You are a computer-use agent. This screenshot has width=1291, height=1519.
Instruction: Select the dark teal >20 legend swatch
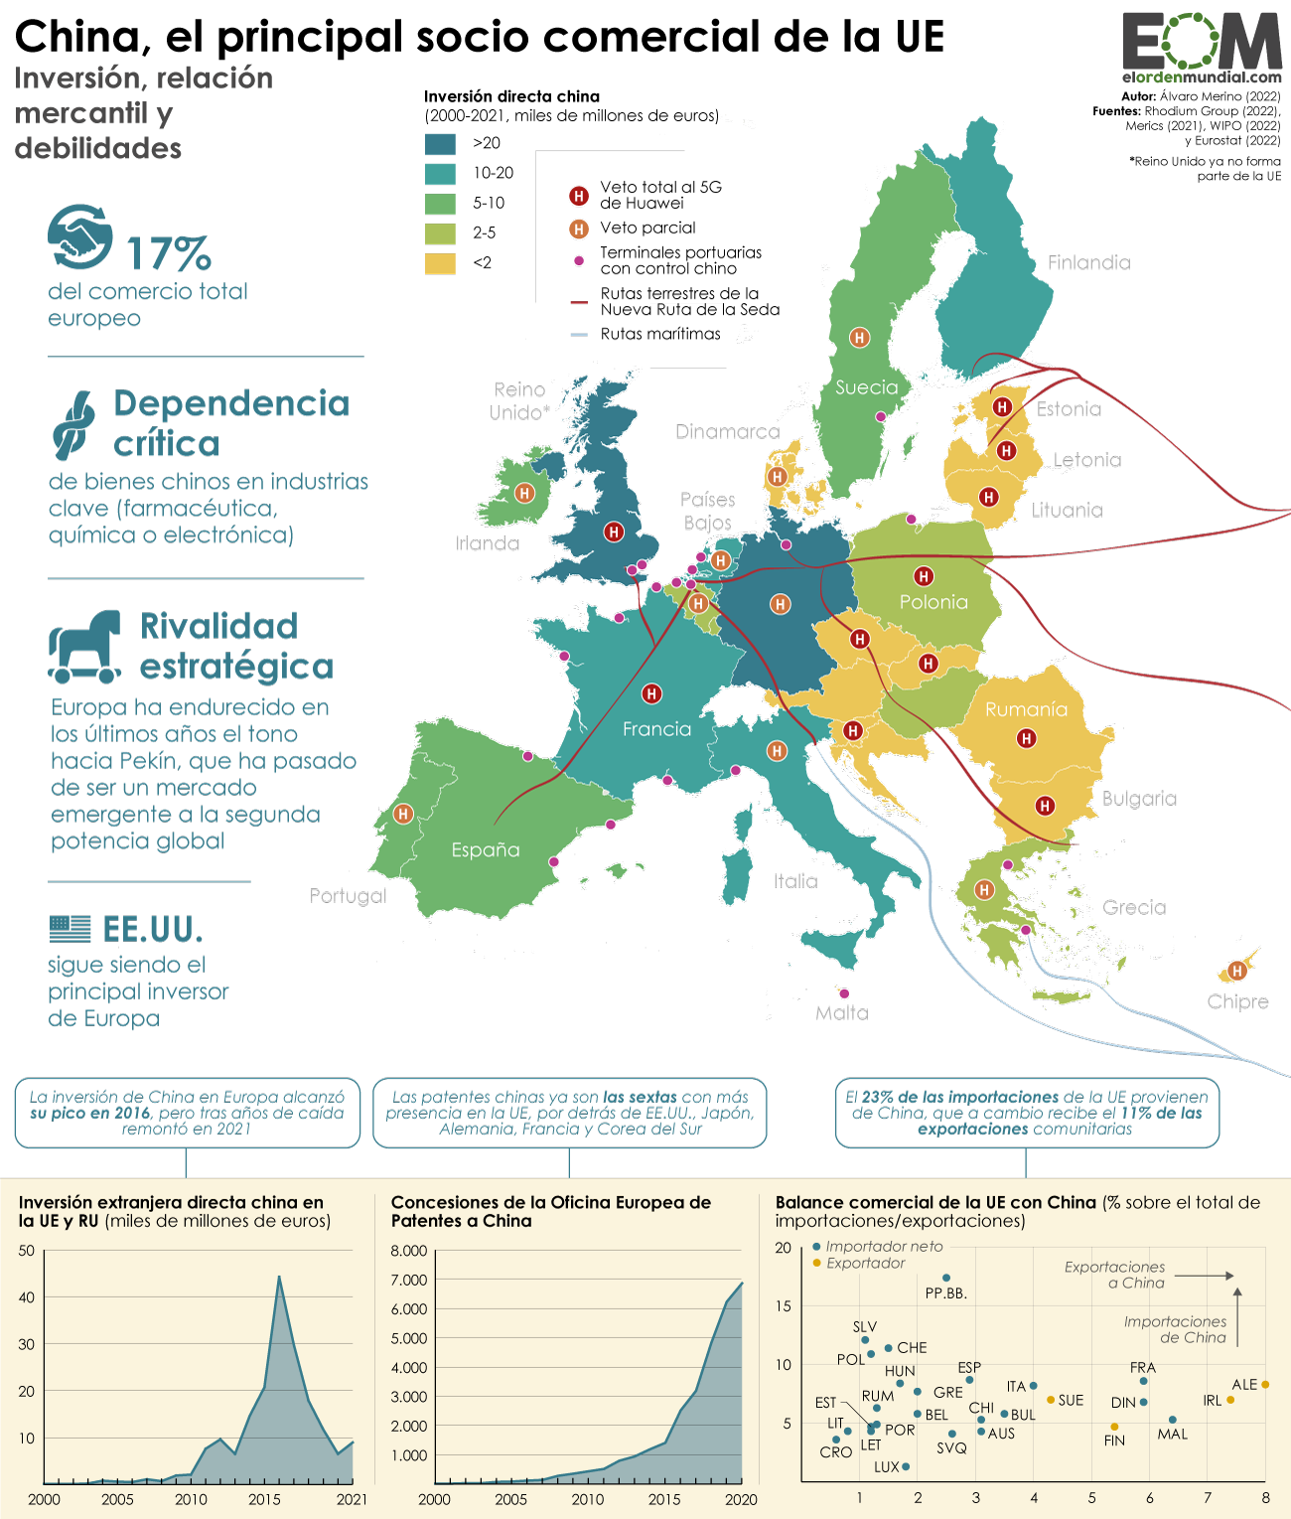(440, 143)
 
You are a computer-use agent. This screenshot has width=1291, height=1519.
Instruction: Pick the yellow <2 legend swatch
(440, 263)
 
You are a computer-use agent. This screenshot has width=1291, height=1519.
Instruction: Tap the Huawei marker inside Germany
(781, 604)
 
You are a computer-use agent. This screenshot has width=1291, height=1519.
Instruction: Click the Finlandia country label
(1088, 262)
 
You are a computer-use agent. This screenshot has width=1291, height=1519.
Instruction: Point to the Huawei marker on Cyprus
(1237, 971)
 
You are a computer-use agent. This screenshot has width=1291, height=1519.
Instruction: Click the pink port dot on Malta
(844, 993)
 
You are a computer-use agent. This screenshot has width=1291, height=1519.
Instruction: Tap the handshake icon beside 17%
(80, 236)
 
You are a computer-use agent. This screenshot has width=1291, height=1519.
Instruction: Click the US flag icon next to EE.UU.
(71, 929)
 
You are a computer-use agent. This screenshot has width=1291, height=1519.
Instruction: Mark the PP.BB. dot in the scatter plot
(946, 1278)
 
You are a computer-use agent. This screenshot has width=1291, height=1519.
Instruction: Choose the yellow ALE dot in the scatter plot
(1265, 1384)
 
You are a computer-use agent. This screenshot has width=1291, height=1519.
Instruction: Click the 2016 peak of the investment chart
(279, 1277)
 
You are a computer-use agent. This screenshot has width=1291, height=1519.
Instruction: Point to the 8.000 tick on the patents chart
(408, 1251)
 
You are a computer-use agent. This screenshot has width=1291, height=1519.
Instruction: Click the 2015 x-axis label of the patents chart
(664, 1499)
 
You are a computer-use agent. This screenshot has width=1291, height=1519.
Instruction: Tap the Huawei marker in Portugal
(403, 814)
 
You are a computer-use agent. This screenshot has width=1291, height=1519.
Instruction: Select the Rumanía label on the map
(1026, 709)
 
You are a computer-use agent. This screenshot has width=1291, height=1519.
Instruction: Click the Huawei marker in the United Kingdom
(614, 532)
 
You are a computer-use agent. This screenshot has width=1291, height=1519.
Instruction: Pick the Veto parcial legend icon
(579, 228)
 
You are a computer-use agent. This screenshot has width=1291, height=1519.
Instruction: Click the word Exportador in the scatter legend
(866, 1263)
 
